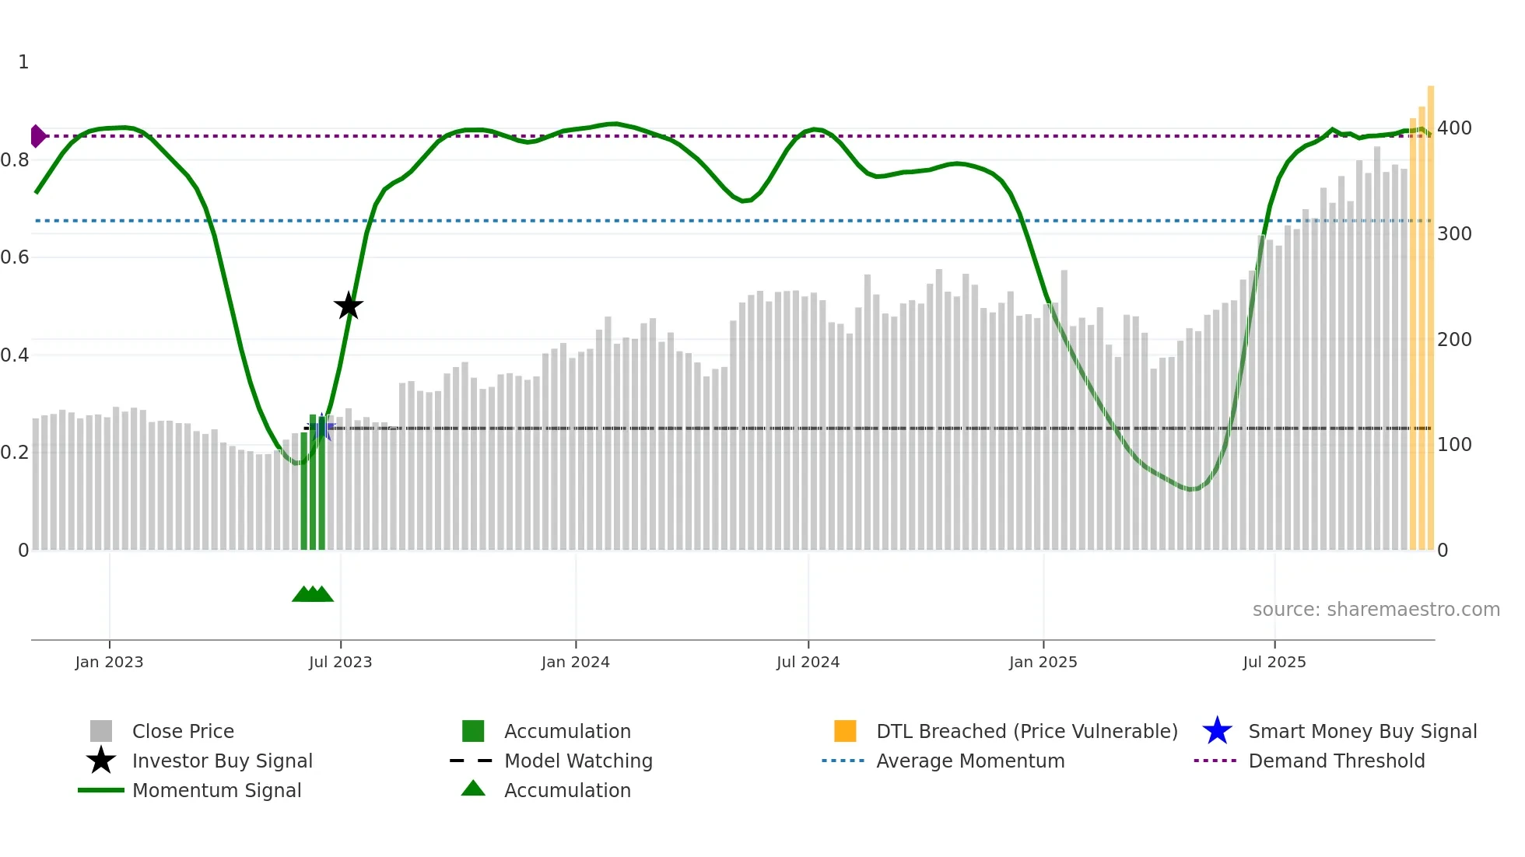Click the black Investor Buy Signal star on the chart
click(x=349, y=306)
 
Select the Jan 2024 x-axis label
click(x=575, y=662)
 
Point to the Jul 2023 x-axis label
click(x=340, y=662)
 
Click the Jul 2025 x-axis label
click(x=1274, y=662)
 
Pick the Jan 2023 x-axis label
click(x=109, y=662)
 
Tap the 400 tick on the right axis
click(x=1454, y=128)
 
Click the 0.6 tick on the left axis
click(x=15, y=257)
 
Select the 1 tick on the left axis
click(x=23, y=62)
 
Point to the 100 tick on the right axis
click(x=1454, y=445)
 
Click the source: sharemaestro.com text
click(x=1376, y=610)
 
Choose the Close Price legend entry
click(x=183, y=731)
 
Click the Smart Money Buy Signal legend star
click(x=1217, y=731)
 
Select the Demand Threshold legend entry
click(x=1336, y=761)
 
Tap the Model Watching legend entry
click(x=577, y=761)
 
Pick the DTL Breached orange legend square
click(x=845, y=731)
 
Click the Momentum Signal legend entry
click(x=216, y=790)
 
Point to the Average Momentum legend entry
click(x=969, y=761)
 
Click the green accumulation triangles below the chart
click(x=313, y=594)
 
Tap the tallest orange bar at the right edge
click(x=1430, y=311)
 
